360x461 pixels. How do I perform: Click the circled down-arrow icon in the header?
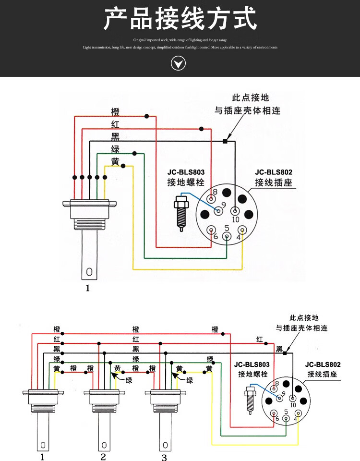point(178,63)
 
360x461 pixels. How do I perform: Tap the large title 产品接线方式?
point(180,19)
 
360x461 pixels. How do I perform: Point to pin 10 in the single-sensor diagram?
point(235,211)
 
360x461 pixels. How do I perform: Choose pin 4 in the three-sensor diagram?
point(298,413)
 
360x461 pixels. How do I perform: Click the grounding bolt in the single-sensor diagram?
point(182,212)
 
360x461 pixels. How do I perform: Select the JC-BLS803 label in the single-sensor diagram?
point(186,172)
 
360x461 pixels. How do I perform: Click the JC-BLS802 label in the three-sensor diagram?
point(323,364)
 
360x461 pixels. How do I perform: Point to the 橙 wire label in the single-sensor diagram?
point(115,112)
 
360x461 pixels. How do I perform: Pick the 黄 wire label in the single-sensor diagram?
point(115,162)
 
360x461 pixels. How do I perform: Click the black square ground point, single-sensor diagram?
point(225,141)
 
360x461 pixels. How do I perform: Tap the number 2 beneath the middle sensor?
point(103,456)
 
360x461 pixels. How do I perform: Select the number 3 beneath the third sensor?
point(164,457)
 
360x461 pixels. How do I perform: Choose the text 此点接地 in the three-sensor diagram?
point(303,318)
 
